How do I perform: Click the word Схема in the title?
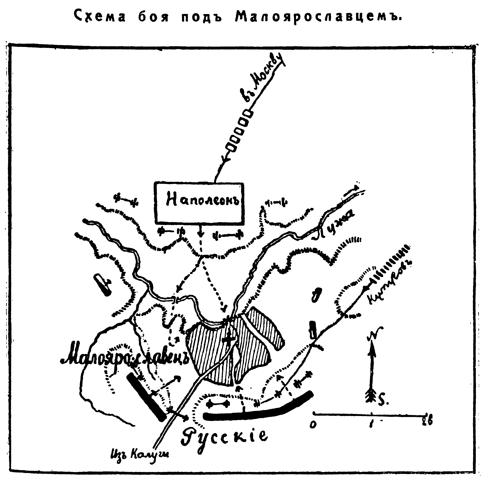pyautogui.click(x=100, y=17)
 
